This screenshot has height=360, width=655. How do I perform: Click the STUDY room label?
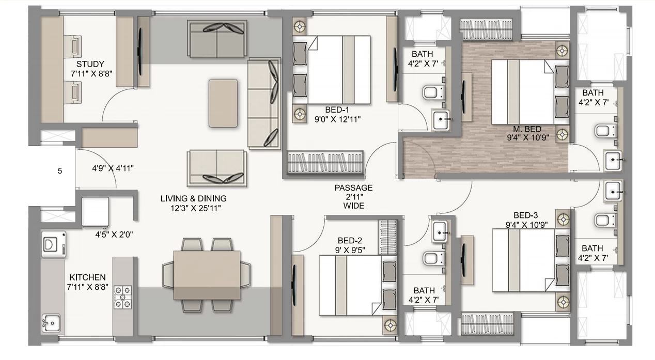[90, 64]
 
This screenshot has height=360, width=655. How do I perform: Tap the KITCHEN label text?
[87, 277]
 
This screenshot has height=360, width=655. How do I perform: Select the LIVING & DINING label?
[194, 198]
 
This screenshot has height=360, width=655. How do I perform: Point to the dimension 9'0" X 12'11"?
[337, 119]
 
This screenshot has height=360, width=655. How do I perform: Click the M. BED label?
[527, 129]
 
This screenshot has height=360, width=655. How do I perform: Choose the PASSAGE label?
[353, 188]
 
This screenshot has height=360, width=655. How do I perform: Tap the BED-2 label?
[350, 240]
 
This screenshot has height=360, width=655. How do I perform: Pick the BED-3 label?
[526, 215]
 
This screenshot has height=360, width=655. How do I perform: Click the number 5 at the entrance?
[60, 171]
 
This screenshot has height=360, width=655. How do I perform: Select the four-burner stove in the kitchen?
[122, 297]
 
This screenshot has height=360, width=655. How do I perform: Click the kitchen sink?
[52, 323]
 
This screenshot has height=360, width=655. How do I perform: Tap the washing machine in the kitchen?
[54, 244]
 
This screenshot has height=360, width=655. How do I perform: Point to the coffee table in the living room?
[223, 103]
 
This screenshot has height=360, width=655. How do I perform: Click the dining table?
[207, 275]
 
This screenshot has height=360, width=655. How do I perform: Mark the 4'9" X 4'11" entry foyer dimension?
[113, 168]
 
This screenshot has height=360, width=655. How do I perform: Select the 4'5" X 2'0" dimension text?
[114, 234]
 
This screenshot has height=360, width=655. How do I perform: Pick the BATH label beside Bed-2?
[424, 290]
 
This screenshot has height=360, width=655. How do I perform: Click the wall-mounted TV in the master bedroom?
[463, 97]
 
